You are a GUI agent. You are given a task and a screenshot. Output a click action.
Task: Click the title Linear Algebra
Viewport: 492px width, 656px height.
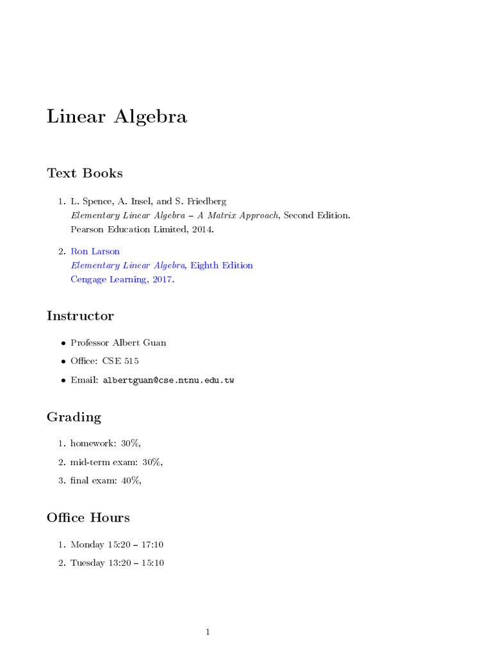[117, 117]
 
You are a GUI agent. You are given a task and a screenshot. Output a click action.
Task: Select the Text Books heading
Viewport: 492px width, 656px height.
[85, 173]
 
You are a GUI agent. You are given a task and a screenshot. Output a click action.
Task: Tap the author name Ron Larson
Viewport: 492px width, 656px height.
[95, 251]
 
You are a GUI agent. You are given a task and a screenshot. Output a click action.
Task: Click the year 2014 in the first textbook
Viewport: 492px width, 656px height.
[201, 229]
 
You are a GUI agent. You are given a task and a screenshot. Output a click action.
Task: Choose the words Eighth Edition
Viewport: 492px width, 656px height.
[222, 265]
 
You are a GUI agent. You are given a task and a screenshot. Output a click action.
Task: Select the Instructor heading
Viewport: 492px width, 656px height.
[80, 316]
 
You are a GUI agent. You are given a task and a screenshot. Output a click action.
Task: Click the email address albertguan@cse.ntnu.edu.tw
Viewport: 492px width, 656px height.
[168, 381]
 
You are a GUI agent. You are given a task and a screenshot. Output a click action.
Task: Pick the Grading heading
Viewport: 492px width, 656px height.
[74, 418]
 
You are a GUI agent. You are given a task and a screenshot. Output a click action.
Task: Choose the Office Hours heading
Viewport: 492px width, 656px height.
[88, 518]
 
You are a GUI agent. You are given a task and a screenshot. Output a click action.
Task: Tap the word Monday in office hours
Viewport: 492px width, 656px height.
[87, 545]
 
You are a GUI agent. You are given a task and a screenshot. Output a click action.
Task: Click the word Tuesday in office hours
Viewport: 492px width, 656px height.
[88, 563]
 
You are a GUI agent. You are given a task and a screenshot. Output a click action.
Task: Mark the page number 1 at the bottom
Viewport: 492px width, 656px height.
[208, 632]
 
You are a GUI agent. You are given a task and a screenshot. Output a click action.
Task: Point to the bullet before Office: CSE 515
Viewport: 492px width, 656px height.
[63, 361]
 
